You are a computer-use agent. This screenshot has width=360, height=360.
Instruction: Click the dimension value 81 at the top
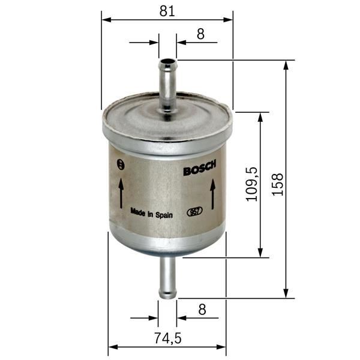click(x=167, y=10)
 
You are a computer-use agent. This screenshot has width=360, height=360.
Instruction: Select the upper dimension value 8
click(x=200, y=34)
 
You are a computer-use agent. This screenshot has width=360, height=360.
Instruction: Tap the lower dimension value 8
click(x=202, y=310)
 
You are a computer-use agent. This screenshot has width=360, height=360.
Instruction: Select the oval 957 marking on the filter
click(x=195, y=211)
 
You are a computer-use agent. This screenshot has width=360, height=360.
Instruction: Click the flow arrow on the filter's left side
click(x=121, y=193)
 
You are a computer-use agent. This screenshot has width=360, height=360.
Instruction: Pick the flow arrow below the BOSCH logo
click(x=212, y=195)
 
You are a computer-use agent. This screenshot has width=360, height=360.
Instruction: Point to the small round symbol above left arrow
click(x=122, y=164)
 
